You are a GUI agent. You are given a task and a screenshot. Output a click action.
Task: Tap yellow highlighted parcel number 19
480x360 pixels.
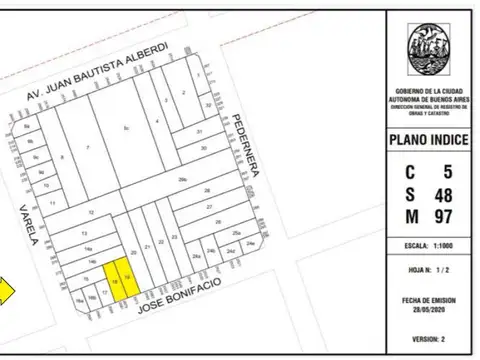(x=127, y=276)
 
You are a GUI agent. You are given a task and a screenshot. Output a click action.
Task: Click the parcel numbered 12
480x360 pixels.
(x=93, y=213)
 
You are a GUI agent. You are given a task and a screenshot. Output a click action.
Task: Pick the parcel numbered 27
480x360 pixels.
(x=208, y=206)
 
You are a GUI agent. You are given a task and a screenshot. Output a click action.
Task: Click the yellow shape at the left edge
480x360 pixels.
(x=5, y=291)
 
